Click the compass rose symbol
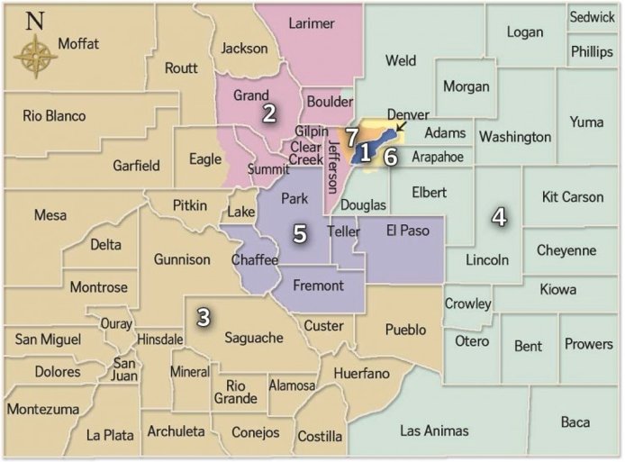tap(35, 57)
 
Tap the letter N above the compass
tap(34, 22)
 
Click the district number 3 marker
tap(204, 317)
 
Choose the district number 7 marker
tap(351, 136)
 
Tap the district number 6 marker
tap(390, 155)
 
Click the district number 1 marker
tap(365, 153)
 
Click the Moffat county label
tap(78, 43)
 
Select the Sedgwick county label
tap(592, 17)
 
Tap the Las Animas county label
tap(434, 430)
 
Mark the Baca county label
tap(575, 421)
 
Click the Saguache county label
tap(254, 338)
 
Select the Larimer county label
tap(311, 23)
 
